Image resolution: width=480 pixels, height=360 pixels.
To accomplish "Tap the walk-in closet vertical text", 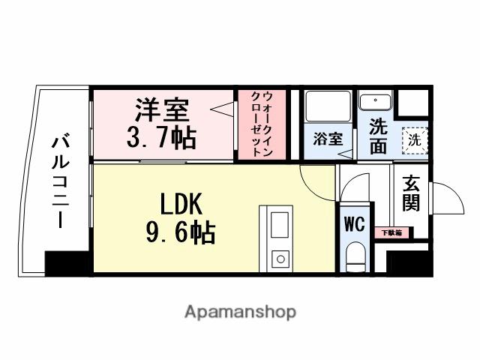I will tap(257, 124).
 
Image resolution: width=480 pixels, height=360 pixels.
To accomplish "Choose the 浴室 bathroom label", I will tap(327, 139).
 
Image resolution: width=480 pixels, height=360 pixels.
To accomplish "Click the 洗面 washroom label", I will tap(378, 135).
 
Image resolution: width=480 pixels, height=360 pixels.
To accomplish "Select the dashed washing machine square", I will tap(415, 139).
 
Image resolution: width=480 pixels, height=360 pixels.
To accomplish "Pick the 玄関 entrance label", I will tap(410, 193).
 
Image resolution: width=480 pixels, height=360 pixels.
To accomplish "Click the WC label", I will tap(355, 223).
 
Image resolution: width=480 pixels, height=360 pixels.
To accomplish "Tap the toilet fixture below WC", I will tap(355, 258).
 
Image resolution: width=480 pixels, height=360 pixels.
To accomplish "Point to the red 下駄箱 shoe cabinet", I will tap(388, 232).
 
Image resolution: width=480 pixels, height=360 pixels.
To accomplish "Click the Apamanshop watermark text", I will tap(239, 311).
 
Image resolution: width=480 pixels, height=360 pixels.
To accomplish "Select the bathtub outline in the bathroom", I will tap(327, 109).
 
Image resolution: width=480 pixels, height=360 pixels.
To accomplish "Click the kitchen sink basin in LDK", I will tap(279, 224).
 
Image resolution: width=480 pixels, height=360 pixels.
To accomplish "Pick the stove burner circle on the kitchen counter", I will tap(280, 259).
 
